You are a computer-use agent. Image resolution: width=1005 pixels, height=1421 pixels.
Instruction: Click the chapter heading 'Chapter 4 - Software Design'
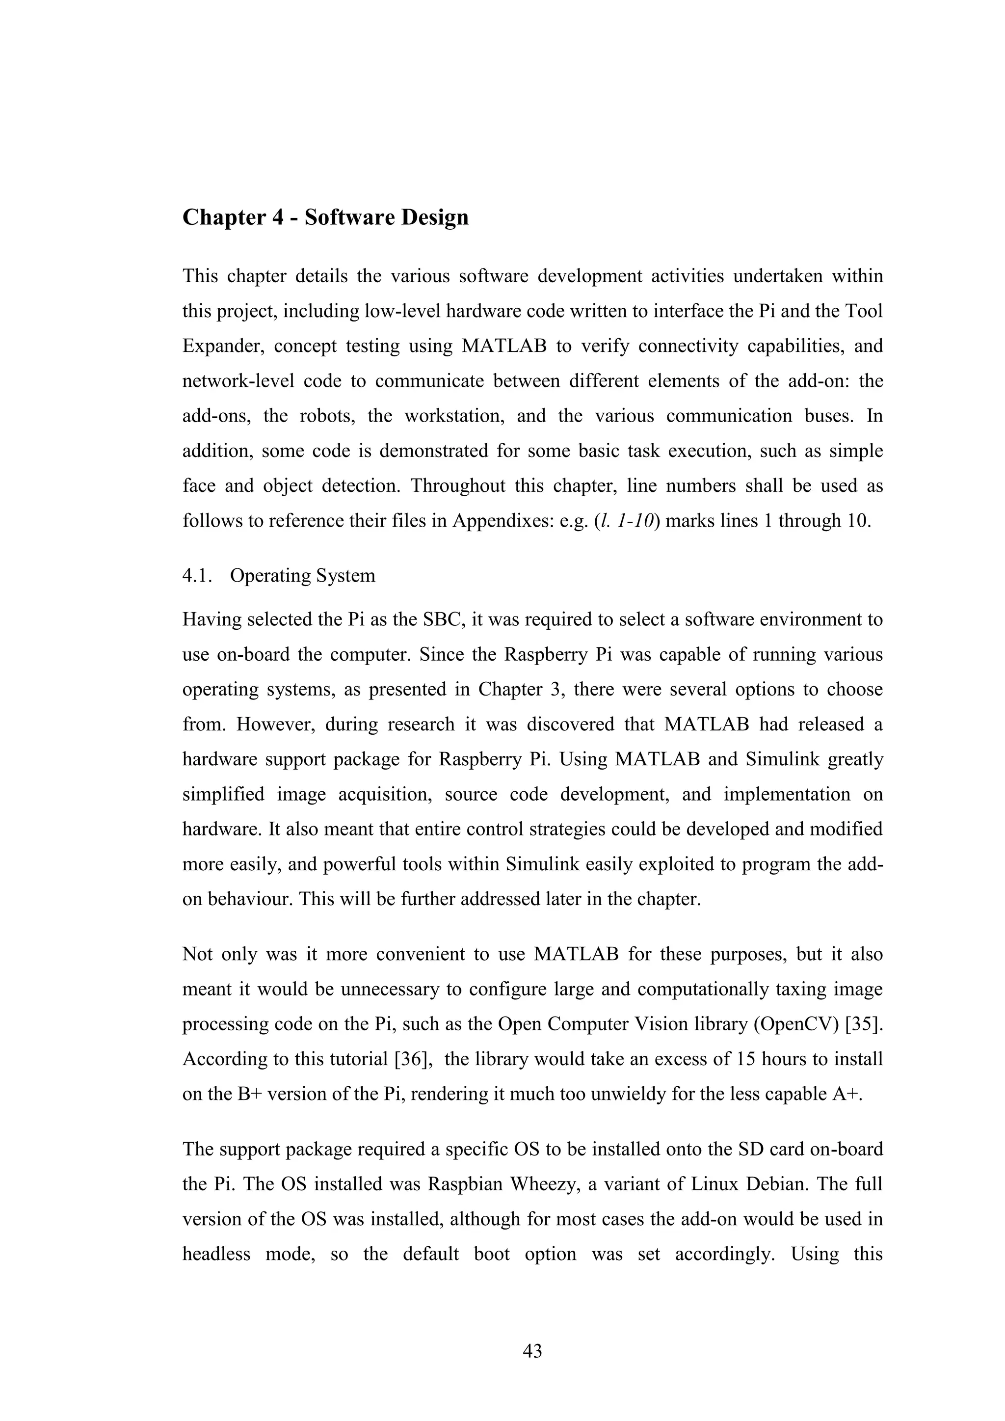point(325,218)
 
